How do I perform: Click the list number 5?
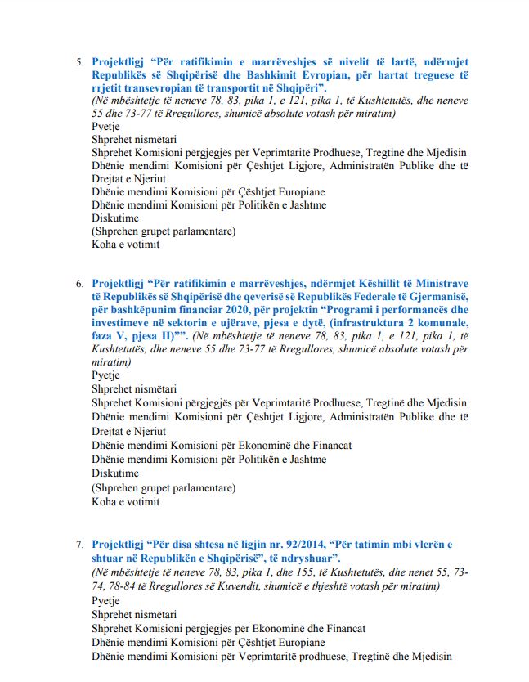click(x=79, y=61)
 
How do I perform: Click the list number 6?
click(x=79, y=284)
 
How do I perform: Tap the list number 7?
click(x=79, y=544)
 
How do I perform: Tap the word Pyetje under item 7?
click(x=105, y=599)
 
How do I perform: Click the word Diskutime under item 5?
click(x=115, y=218)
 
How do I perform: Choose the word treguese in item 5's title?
click(x=437, y=74)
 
